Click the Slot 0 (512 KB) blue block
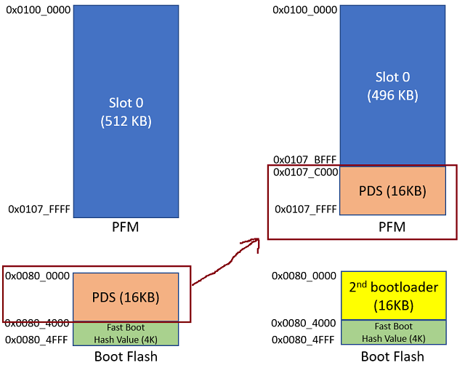point(126,111)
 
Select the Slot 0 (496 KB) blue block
point(392,85)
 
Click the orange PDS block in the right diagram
point(392,191)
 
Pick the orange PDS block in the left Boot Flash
point(126,297)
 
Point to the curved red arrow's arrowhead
point(256,242)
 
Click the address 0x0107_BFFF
point(305,159)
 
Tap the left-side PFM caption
point(126,228)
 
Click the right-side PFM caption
point(392,228)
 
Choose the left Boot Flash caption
point(126,357)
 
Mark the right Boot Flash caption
point(392,357)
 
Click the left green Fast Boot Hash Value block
point(126,333)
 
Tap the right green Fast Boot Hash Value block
point(392,333)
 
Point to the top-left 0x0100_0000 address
point(39,11)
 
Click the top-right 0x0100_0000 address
point(305,11)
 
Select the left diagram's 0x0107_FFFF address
point(39,209)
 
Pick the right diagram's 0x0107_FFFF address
point(305,209)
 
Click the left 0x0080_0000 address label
point(39,276)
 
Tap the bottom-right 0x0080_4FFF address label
point(305,339)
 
